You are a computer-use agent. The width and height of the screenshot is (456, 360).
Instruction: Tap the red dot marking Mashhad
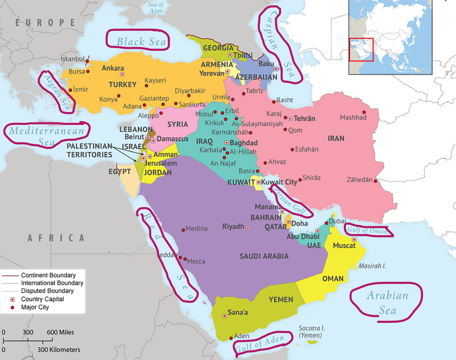click(x=364, y=112)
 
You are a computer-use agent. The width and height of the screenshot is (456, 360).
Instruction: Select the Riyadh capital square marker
click(x=248, y=228)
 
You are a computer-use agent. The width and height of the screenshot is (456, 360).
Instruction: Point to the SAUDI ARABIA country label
click(x=264, y=256)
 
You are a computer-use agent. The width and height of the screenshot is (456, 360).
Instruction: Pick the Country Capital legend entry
click(x=43, y=299)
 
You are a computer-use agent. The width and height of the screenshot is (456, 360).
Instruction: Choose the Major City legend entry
click(x=35, y=307)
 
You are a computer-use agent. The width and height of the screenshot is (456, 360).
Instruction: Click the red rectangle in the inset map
click(x=361, y=49)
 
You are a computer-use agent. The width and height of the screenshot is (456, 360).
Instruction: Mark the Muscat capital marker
click(x=354, y=240)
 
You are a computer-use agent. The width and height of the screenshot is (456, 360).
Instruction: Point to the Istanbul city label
click(x=73, y=59)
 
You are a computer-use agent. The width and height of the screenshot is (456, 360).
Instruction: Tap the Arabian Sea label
click(x=387, y=303)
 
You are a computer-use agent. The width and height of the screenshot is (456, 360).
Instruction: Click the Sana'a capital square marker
click(x=224, y=316)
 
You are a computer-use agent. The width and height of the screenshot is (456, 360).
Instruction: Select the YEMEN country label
click(x=281, y=300)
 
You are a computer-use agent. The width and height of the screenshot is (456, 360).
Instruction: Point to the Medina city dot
click(x=183, y=230)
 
